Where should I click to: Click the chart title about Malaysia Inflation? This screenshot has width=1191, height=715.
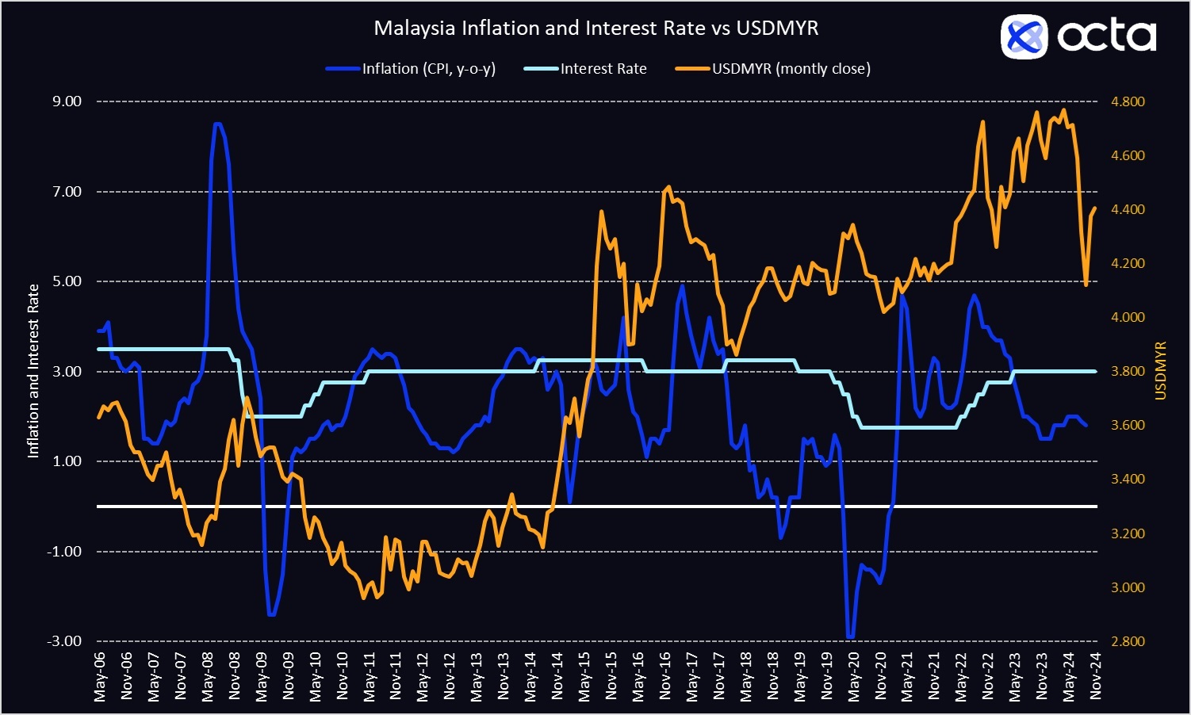[x=595, y=29]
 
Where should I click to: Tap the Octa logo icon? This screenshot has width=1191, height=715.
[x=1024, y=36]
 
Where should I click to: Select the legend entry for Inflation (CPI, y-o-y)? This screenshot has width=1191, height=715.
[x=428, y=69]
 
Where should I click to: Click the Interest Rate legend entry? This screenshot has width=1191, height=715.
[x=603, y=69]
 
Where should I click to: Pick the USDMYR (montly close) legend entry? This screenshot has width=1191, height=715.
[x=791, y=69]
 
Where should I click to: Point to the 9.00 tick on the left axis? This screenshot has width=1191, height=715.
[x=67, y=101]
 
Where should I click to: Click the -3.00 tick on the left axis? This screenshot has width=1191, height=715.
[x=66, y=641]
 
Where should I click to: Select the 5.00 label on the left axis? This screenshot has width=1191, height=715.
[x=67, y=281]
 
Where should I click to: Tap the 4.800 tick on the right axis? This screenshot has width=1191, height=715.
[x=1128, y=101]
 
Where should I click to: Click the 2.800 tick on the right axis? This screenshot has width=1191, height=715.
[x=1128, y=641]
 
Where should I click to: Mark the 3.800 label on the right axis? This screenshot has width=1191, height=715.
[x=1128, y=371]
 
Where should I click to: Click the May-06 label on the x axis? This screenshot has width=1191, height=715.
[x=100, y=677]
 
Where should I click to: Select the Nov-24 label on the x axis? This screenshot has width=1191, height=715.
[x=1096, y=677]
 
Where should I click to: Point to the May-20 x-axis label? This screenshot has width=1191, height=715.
[x=853, y=677]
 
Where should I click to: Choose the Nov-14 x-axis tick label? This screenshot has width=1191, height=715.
[x=557, y=677]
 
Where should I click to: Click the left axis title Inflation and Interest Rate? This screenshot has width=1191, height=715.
[x=33, y=371]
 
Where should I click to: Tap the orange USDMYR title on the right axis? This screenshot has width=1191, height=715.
[x=1161, y=371]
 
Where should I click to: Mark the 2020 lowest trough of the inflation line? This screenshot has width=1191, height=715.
[x=851, y=637]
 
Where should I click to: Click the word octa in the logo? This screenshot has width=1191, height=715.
[x=1107, y=36]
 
